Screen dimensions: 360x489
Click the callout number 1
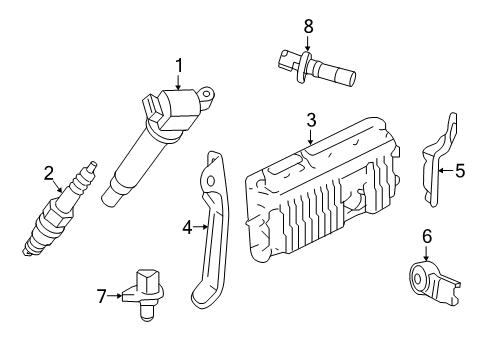[x=179, y=66]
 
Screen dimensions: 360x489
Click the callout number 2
[x=48, y=172]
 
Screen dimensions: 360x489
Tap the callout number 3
[x=311, y=120]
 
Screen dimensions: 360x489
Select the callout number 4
[x=186, y=227]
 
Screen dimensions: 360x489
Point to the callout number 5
[x=459, y=171]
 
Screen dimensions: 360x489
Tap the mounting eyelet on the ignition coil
[x=208, y=96]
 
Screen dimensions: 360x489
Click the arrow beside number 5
[x=446, y=171]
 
